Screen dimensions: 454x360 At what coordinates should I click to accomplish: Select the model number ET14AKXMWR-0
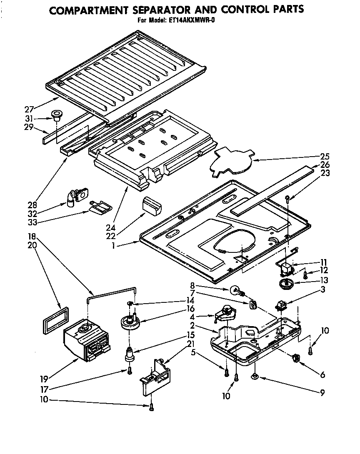coord(195,20)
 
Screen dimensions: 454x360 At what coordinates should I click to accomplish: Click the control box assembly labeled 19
coord(87,341)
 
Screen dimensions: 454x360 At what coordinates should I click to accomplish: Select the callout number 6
coord(322,374)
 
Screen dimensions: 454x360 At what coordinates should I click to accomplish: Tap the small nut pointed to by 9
coord(254,377)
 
